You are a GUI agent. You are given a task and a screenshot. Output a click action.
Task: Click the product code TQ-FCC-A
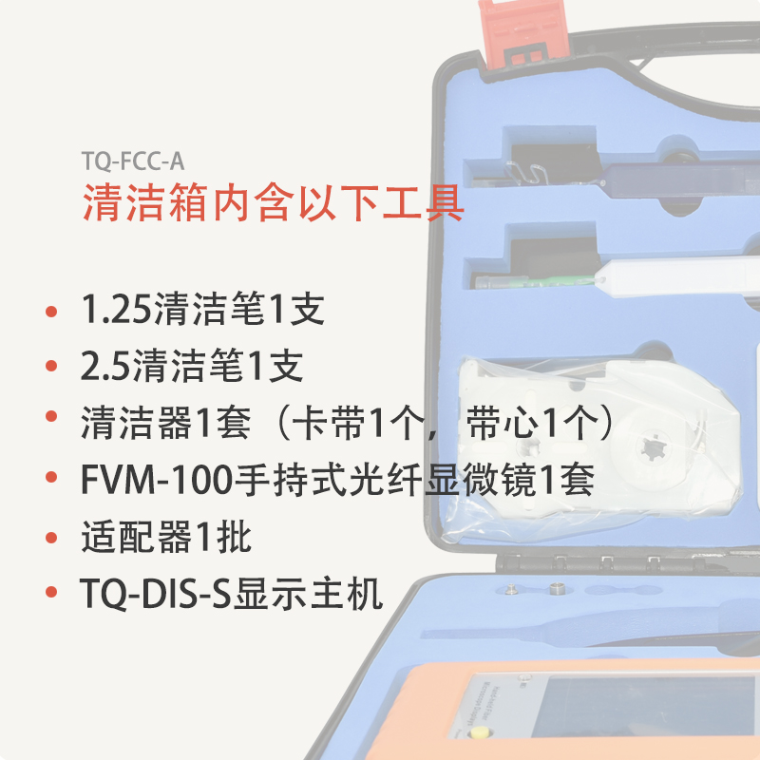(133, 161)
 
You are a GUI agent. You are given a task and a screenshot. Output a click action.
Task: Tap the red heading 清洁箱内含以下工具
(274, 203)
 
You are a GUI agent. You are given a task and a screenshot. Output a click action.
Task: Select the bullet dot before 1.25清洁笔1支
(51, 312)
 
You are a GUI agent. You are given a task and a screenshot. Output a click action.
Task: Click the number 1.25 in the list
(116, 310)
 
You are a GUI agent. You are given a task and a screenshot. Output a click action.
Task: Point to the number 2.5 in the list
(105, 366)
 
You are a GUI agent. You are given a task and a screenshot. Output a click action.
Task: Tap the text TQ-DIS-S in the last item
(156, 594)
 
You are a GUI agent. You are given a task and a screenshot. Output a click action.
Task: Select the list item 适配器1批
(166, 537)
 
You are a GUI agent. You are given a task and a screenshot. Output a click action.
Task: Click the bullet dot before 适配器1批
(51, 537)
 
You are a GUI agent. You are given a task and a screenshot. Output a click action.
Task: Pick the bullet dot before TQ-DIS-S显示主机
(51, 592)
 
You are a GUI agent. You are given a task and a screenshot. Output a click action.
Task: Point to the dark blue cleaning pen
(678, 180)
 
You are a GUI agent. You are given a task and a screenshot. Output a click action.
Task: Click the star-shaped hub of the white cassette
(651, 447)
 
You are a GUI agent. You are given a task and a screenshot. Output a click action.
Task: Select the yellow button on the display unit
(479, 731)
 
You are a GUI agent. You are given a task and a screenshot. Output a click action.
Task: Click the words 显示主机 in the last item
(308, 594)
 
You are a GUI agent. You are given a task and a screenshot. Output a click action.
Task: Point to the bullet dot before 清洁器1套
(51, 416)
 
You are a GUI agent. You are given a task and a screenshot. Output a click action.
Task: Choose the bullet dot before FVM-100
(51, 477)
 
